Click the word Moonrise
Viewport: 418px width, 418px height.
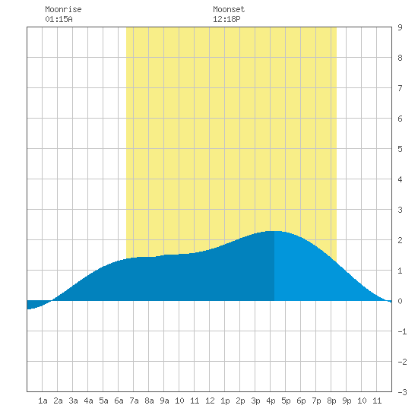(x=63, y=9)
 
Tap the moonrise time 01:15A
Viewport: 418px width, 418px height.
(x=59, y=19)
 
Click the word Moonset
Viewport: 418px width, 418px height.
(x=229, y=9)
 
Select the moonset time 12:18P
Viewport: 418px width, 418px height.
(x=226, y=19)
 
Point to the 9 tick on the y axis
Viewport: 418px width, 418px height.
(x=400, y=27)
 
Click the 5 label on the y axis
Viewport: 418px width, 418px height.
(x=400, y=149)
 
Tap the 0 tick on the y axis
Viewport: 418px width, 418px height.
(x=400, y=301)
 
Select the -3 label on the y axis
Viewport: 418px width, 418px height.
(x=402, y=392)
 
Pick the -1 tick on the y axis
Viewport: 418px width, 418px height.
(x=402, y=331)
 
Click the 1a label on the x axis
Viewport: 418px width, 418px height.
(x=43, y=401)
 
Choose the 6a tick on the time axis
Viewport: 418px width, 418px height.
(x=119, y=401)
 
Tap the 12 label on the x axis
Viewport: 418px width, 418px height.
(x=210, y=401)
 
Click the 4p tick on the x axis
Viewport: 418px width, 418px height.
(x=271, y=401)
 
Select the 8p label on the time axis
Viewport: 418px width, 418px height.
(x=331, y=401)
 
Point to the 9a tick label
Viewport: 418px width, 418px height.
(x=164, y=401)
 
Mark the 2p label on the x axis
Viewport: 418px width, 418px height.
(x=240, y=401)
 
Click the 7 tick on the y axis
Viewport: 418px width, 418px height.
(x=400, y=88)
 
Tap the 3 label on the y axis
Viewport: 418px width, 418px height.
(x=400, y=210)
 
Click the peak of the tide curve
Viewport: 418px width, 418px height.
(x=274, y=231)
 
